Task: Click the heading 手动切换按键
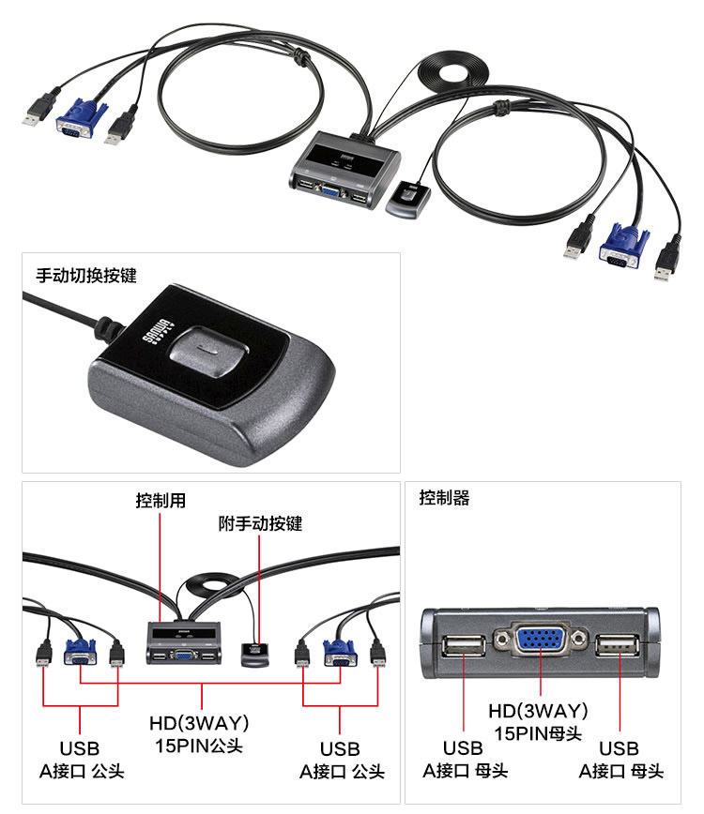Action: (x=86, y=276)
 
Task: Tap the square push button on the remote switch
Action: (x=209, y=352)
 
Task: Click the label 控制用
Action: (x=161, y=501)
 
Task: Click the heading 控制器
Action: (x=444, y=498)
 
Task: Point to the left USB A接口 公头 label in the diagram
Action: (x=79, y=760)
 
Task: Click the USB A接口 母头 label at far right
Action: (x=620, y=760)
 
